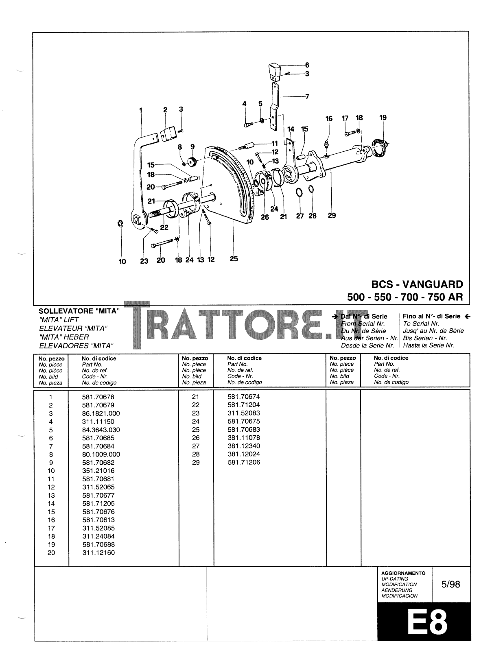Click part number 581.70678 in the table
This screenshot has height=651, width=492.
click(x=98, y=397)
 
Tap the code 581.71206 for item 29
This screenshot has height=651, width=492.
click(x=244, y=462)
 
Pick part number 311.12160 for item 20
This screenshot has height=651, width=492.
click(x=98, y=553)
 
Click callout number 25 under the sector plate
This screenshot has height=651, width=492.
click(x=234, y=258)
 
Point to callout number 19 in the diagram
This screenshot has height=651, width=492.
click(x=383, y=118)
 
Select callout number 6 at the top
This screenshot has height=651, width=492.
click(x=307, y=65)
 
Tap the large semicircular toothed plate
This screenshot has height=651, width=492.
click(x=232, y=183)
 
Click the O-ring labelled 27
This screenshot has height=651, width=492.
click(x=299, y=192)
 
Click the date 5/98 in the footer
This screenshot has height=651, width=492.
click(x=450, y=584)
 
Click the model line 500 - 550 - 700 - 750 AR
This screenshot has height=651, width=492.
click(x=405, y=297)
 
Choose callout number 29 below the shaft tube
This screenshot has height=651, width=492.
click(x=332, y=215)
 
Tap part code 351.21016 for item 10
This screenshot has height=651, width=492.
click(x=98, y=471)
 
